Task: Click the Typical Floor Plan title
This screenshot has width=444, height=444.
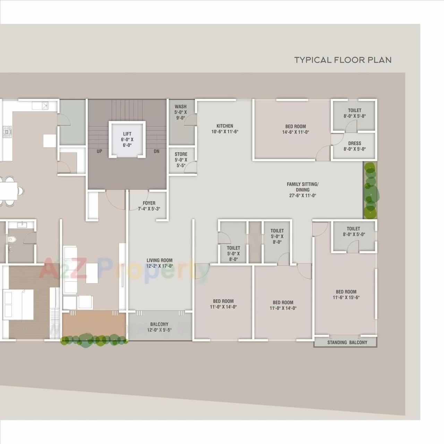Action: (x=343, y=60)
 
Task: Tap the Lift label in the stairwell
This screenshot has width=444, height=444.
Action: (x=127, y=139)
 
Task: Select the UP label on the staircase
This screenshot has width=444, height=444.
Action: (x=100, y=151)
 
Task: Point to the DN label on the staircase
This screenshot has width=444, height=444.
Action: (x=156, y=151)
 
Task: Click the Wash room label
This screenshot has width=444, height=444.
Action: (x=181, y=112)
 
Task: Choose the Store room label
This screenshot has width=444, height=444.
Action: (x=181, y=160)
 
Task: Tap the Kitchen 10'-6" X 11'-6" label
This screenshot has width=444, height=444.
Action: (x=225, y=129)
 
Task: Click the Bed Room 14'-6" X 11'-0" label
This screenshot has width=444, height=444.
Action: (x=296, y=129)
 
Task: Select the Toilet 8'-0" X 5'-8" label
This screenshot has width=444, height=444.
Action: (x=355, y=113)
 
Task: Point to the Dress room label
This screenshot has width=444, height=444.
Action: (x=355, y=146)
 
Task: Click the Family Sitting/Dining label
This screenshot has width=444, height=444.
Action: (x=302, y=190)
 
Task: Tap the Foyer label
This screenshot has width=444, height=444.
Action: (x=149, y=206)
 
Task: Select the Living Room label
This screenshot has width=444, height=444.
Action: (x=159, y=263)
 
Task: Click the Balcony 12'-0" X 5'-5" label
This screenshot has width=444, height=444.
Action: (x=159, y=327)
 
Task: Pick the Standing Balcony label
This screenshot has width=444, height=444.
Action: (x=347, y=342)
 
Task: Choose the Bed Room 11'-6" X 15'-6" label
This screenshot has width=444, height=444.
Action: (x=346, y=294)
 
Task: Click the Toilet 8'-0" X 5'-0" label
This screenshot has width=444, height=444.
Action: (x=353, y=231)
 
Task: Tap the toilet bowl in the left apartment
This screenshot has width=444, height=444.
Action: (x=12, y=239)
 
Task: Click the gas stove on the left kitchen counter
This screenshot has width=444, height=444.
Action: (x=7, y=131)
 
